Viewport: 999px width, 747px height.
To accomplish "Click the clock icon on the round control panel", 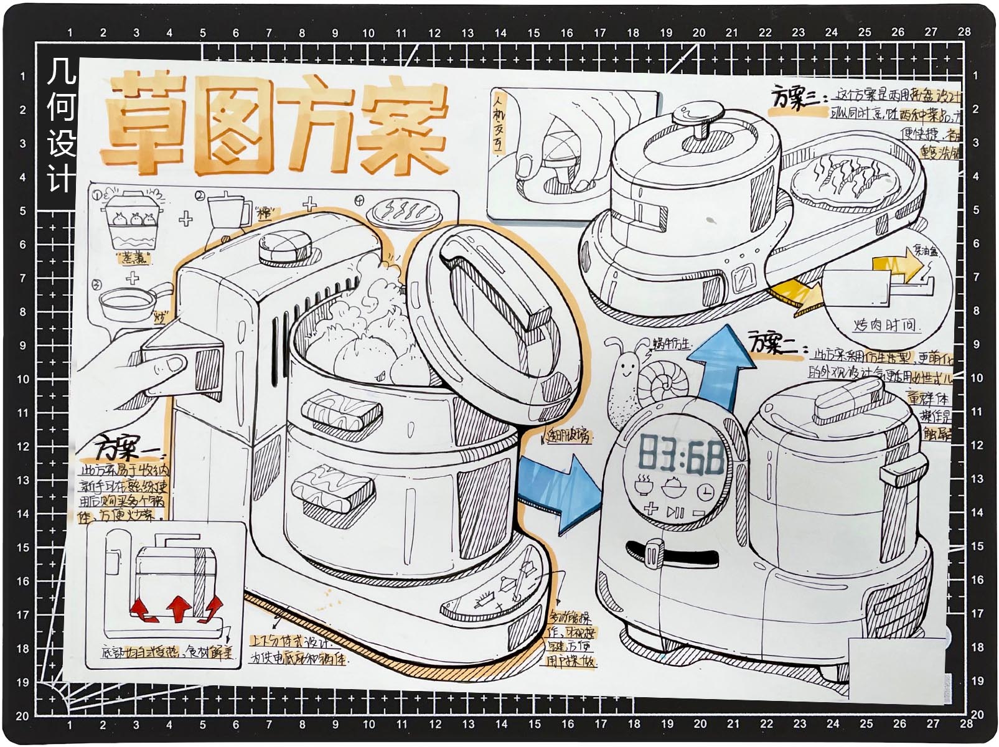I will click(x=705, y=492).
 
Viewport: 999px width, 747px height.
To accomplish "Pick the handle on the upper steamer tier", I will click(x=341, y=413).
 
